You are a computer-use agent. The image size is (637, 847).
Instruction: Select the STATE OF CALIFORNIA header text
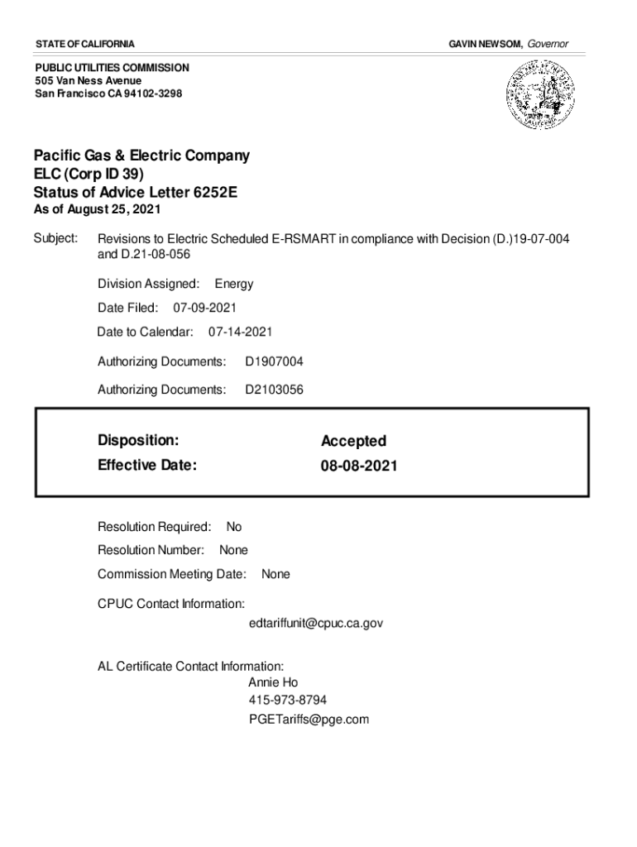[x=85, y=43]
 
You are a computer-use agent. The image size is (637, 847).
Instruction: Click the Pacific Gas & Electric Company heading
[x=141, y=156]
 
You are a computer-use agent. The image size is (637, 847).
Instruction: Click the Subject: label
[x=55, y=239]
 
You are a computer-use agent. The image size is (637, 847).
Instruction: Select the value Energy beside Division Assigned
[x=234, y=284]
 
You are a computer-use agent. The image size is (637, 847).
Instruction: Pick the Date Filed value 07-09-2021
[x=204, y=308]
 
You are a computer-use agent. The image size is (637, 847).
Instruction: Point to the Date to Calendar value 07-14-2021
[x=240, y=332]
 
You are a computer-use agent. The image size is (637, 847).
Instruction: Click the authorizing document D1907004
[x=274, y=361]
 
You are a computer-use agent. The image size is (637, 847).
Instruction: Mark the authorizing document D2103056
[x=274, y=388]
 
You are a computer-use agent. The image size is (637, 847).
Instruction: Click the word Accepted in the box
[x=353, y=441]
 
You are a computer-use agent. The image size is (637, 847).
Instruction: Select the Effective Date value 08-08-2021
[x=359, y=466]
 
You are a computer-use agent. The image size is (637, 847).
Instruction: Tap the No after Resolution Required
[x=234, y=527]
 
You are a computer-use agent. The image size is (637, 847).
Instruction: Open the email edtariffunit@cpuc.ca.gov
[x=315, y=622]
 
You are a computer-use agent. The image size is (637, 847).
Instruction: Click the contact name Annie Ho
[x=273, y=682]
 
